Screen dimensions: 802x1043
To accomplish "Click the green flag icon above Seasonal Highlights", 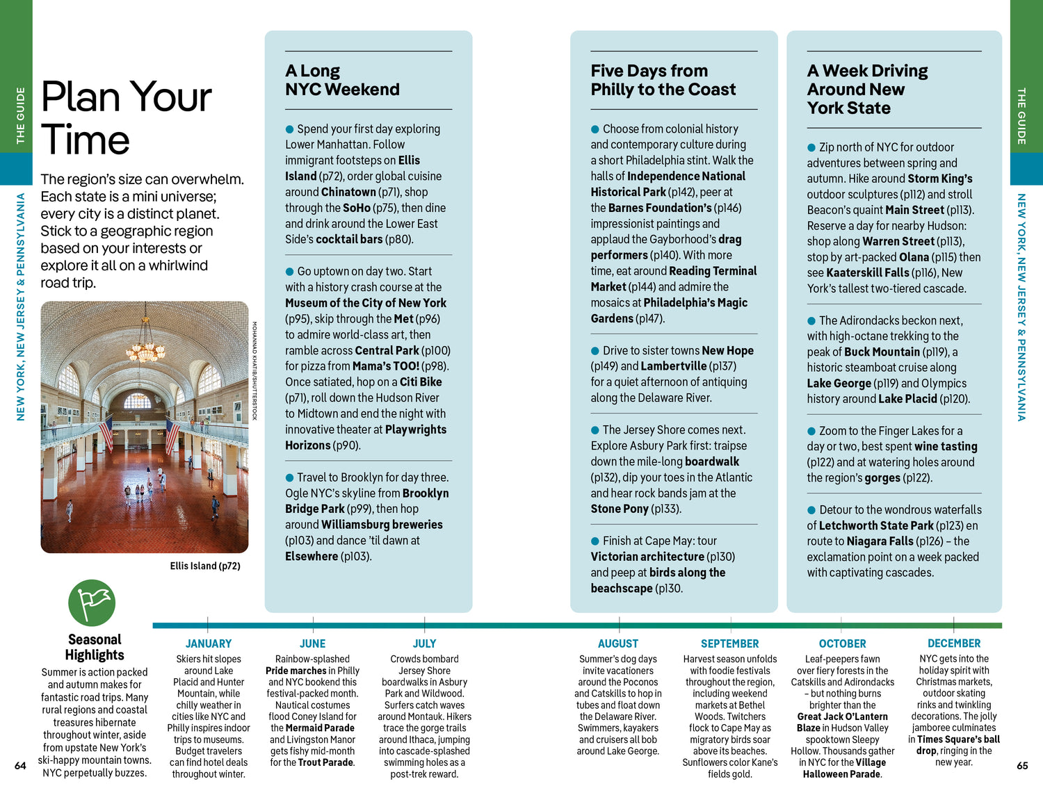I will click(x=92, y=603).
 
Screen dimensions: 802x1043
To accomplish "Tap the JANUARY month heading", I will click(x=208, y=644).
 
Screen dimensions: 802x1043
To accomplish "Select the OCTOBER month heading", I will click(x=842, y=644).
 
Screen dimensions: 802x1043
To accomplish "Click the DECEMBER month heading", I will click(x=953, y=644).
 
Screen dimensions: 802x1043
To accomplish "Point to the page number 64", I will click(x=20, y=766).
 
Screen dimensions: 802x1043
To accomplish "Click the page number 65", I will click(x=1021, y=766).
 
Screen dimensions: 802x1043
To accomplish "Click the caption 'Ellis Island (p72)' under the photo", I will click(x=205, y=566).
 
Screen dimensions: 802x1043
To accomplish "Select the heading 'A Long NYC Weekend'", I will click(x=342, y=80).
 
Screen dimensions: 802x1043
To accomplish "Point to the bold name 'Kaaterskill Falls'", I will click(x=867, y=273).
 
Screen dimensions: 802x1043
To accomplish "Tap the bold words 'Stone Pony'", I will click(x=620, y=509).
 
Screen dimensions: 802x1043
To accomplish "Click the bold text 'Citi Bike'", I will click(x=421, y=382).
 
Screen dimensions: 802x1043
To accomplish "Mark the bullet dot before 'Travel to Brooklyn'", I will click(x=289, y=477).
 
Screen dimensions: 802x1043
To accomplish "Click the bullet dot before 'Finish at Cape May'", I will click(x=595, y=541).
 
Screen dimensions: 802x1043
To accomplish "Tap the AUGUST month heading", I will click(x=617, y=644).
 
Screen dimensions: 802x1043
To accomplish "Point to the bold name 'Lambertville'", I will click(x=673, y=366).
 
